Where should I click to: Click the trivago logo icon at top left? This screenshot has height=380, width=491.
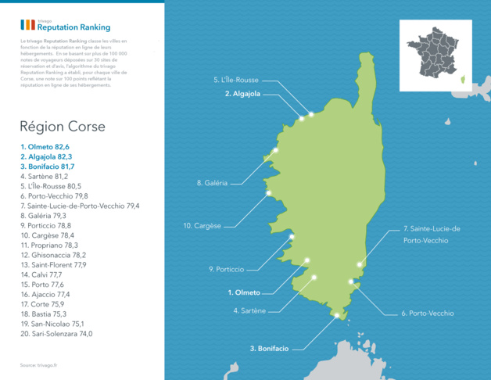tap(27, 25)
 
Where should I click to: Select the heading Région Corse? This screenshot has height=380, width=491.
tap(63, 126)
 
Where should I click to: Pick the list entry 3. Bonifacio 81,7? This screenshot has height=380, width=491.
tap(48, 167)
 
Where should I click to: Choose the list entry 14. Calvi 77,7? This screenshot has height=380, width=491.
tap(41, 274)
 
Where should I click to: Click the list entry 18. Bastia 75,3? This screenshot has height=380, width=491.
tap(44, 314)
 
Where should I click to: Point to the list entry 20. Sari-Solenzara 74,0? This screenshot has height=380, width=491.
tap(56, 333)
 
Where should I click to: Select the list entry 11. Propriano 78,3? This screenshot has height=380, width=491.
tap(49, 245)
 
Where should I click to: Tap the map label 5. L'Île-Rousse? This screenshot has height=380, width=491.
tap(235, 80)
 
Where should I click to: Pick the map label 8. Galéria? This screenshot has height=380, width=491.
tap(212, 183)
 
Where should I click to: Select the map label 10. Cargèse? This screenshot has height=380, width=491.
tap(202, 225)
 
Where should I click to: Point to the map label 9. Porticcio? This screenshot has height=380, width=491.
tap(226, 269)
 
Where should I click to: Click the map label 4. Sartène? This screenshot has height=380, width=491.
tap(249, 310)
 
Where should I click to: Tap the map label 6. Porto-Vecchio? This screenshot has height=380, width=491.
tap(427, 313)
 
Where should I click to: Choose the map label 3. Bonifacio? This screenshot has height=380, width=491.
tap(269, 348)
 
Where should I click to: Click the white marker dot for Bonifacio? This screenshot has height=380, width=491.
tap(337, 315)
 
